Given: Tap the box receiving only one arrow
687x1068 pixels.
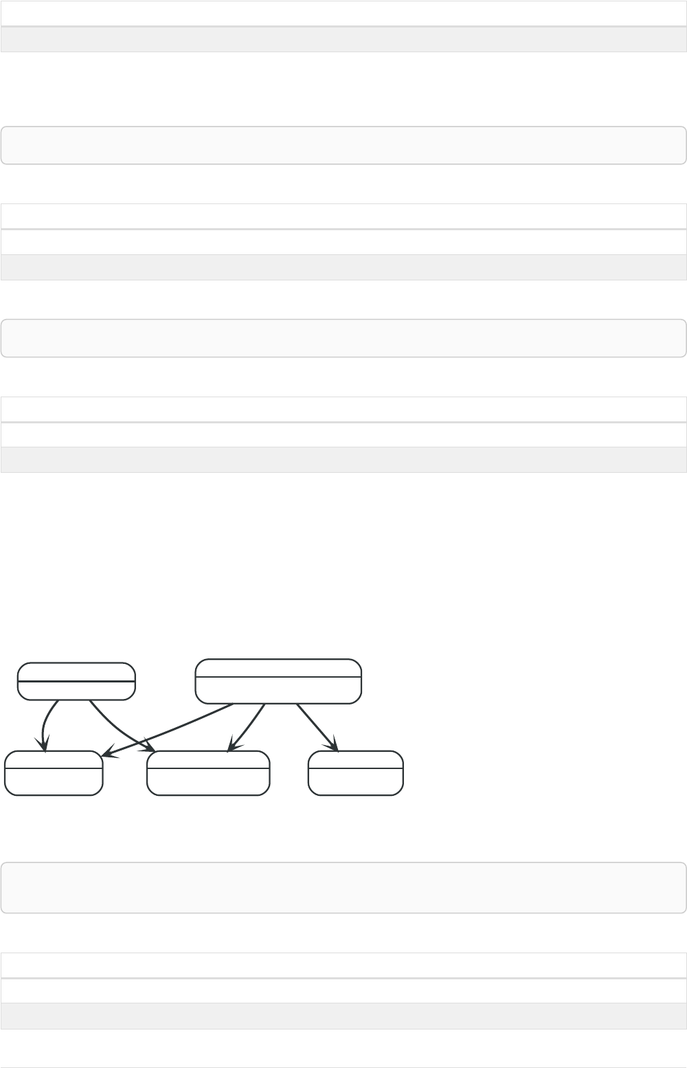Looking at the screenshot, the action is [355, 772].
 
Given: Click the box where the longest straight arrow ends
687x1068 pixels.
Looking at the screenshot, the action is [54, 772].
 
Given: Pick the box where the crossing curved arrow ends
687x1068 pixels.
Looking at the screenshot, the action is [208, 772].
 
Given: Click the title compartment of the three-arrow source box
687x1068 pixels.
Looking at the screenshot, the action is [278, 668].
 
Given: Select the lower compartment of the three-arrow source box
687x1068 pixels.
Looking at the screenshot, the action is [278, 690].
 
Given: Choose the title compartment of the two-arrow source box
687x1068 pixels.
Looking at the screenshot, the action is [76, 671].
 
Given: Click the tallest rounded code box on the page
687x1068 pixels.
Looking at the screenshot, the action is [343, 887].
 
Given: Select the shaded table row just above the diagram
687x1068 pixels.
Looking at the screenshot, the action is [343, 460].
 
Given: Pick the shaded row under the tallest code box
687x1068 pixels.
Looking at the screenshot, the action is [343, 1016].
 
